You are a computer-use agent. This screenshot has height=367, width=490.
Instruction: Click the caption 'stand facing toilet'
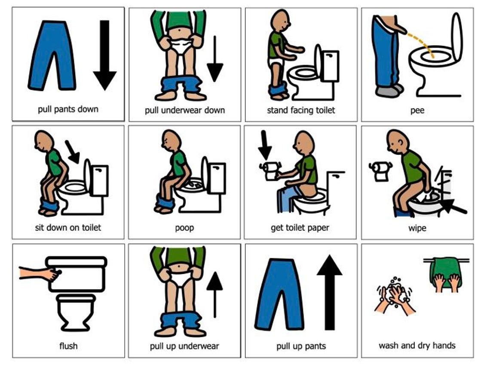(x=301, y=110)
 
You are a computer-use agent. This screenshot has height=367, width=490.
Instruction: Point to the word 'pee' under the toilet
(x=417, y=110)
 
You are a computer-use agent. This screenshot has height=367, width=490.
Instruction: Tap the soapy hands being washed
(x=396, y=294)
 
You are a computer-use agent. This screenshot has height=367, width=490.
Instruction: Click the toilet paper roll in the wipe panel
(x=380, y=170)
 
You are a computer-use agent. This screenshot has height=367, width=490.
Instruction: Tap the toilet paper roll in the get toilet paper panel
(x=270, y=171)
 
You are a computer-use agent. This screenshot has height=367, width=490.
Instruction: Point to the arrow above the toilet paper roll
(x=265, y=146)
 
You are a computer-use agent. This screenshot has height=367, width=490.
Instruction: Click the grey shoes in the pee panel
(x=389, y=90)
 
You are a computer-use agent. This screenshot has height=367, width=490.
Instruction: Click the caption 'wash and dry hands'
(x=417, y=346)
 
